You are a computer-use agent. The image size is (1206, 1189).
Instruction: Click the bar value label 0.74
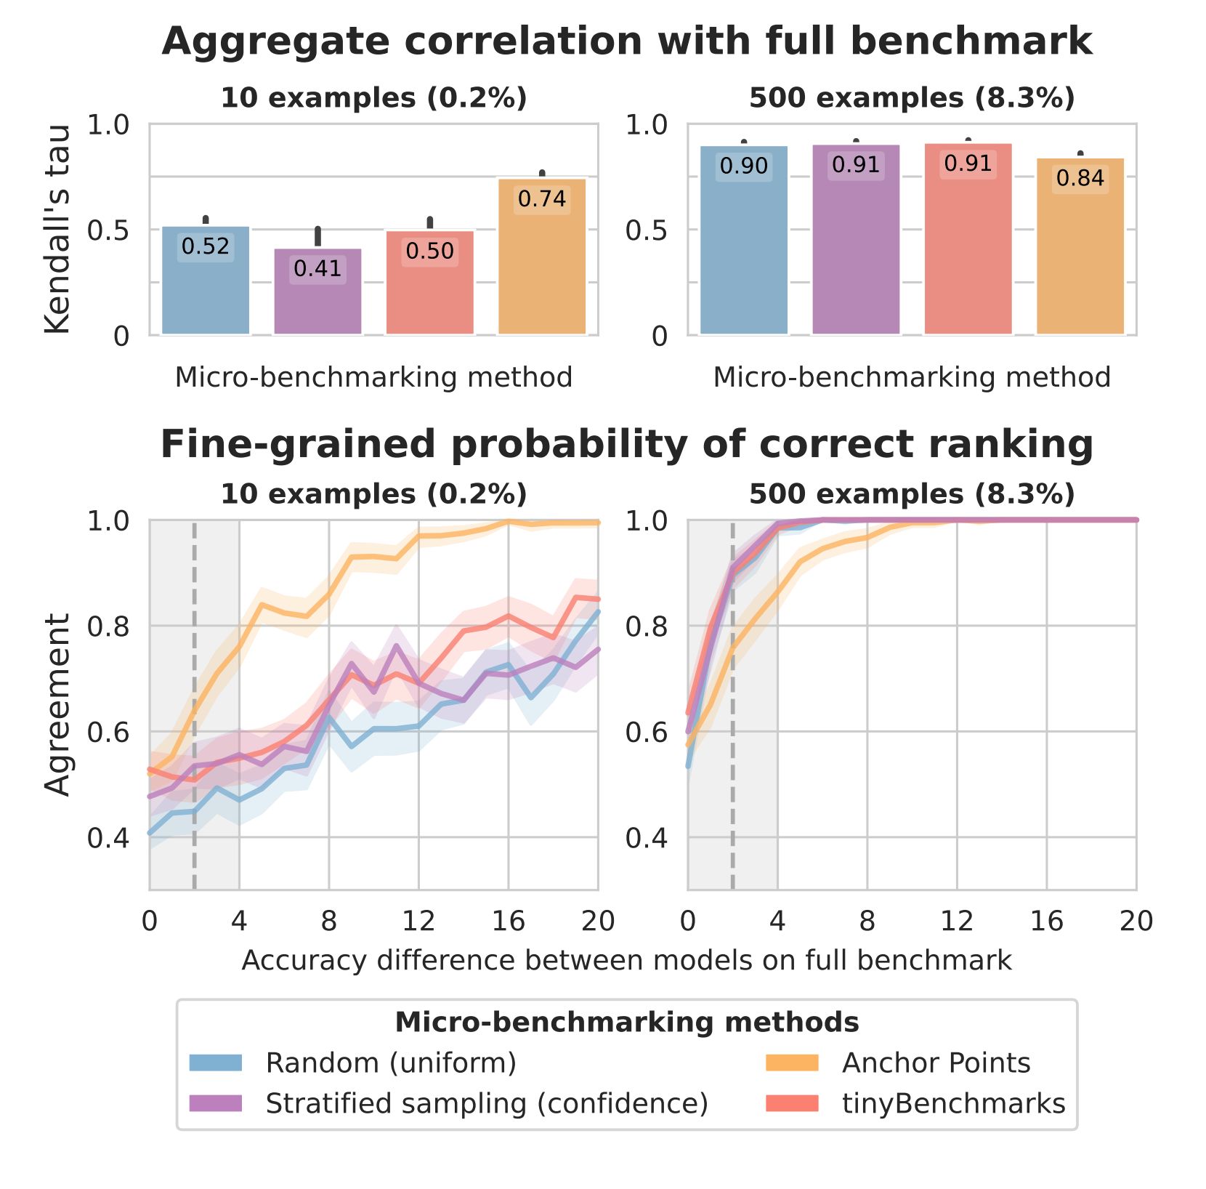coord(542,199)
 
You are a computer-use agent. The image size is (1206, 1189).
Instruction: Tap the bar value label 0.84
coord(1080,178)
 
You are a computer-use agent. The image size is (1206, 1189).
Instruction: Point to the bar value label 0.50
coord(430,251)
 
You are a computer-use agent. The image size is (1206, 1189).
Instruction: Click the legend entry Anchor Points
coord(936,1063)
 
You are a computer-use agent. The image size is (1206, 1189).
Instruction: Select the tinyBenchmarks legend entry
coord(953,1103)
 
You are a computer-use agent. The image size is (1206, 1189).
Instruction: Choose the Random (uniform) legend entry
coord(391,1063)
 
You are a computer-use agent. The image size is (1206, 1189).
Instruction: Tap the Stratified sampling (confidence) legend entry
coord(486,1103)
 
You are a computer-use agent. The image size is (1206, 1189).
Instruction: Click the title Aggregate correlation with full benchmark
coord(627,41)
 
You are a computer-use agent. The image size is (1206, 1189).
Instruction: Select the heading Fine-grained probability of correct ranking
coord(627,444)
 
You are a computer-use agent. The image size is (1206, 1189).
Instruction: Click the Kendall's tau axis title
coord(57,229)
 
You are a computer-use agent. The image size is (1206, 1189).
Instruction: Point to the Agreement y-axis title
coord(57,704)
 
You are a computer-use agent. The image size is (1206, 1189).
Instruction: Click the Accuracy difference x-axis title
coord(626,960)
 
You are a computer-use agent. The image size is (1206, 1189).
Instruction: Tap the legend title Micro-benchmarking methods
coord(627,1023)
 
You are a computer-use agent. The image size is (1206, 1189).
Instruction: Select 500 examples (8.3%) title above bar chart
coord(912,98)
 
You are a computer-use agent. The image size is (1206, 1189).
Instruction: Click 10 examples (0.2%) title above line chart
coord(373,494)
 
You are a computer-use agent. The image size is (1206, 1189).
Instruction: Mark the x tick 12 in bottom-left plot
coord(418,922)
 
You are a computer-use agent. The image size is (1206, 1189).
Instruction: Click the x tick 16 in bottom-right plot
coord(1047,922)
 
